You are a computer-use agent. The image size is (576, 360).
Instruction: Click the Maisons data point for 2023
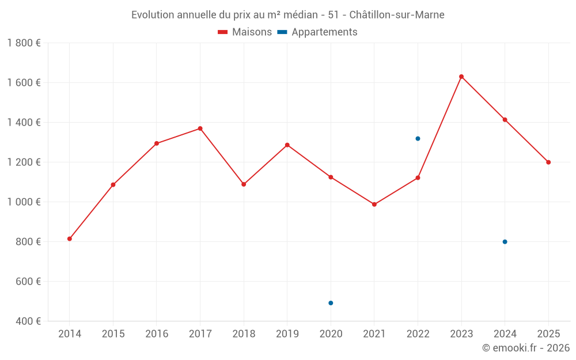461,77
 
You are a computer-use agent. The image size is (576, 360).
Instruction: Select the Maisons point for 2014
70,238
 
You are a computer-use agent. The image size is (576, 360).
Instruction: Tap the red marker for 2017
200,128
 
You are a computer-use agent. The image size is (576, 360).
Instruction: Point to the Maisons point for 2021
374,204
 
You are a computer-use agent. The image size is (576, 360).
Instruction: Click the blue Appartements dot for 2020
331,303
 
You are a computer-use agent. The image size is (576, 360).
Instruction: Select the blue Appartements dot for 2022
418,138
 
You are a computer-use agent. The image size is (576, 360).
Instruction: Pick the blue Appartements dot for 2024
505,242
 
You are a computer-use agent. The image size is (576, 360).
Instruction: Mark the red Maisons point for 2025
548,162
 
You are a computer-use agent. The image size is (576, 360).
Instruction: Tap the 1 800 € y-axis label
24,43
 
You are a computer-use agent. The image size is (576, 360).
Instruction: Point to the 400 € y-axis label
28,321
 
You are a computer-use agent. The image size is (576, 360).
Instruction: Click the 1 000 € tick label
24,202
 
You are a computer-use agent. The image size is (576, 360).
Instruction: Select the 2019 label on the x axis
287,334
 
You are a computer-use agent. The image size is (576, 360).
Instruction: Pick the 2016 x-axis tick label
157,334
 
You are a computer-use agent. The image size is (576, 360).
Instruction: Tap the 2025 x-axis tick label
548,334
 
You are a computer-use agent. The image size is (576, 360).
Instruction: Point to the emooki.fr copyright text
526,348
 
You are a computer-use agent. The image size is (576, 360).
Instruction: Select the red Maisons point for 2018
244,184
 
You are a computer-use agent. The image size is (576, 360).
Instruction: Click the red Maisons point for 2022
418,177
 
